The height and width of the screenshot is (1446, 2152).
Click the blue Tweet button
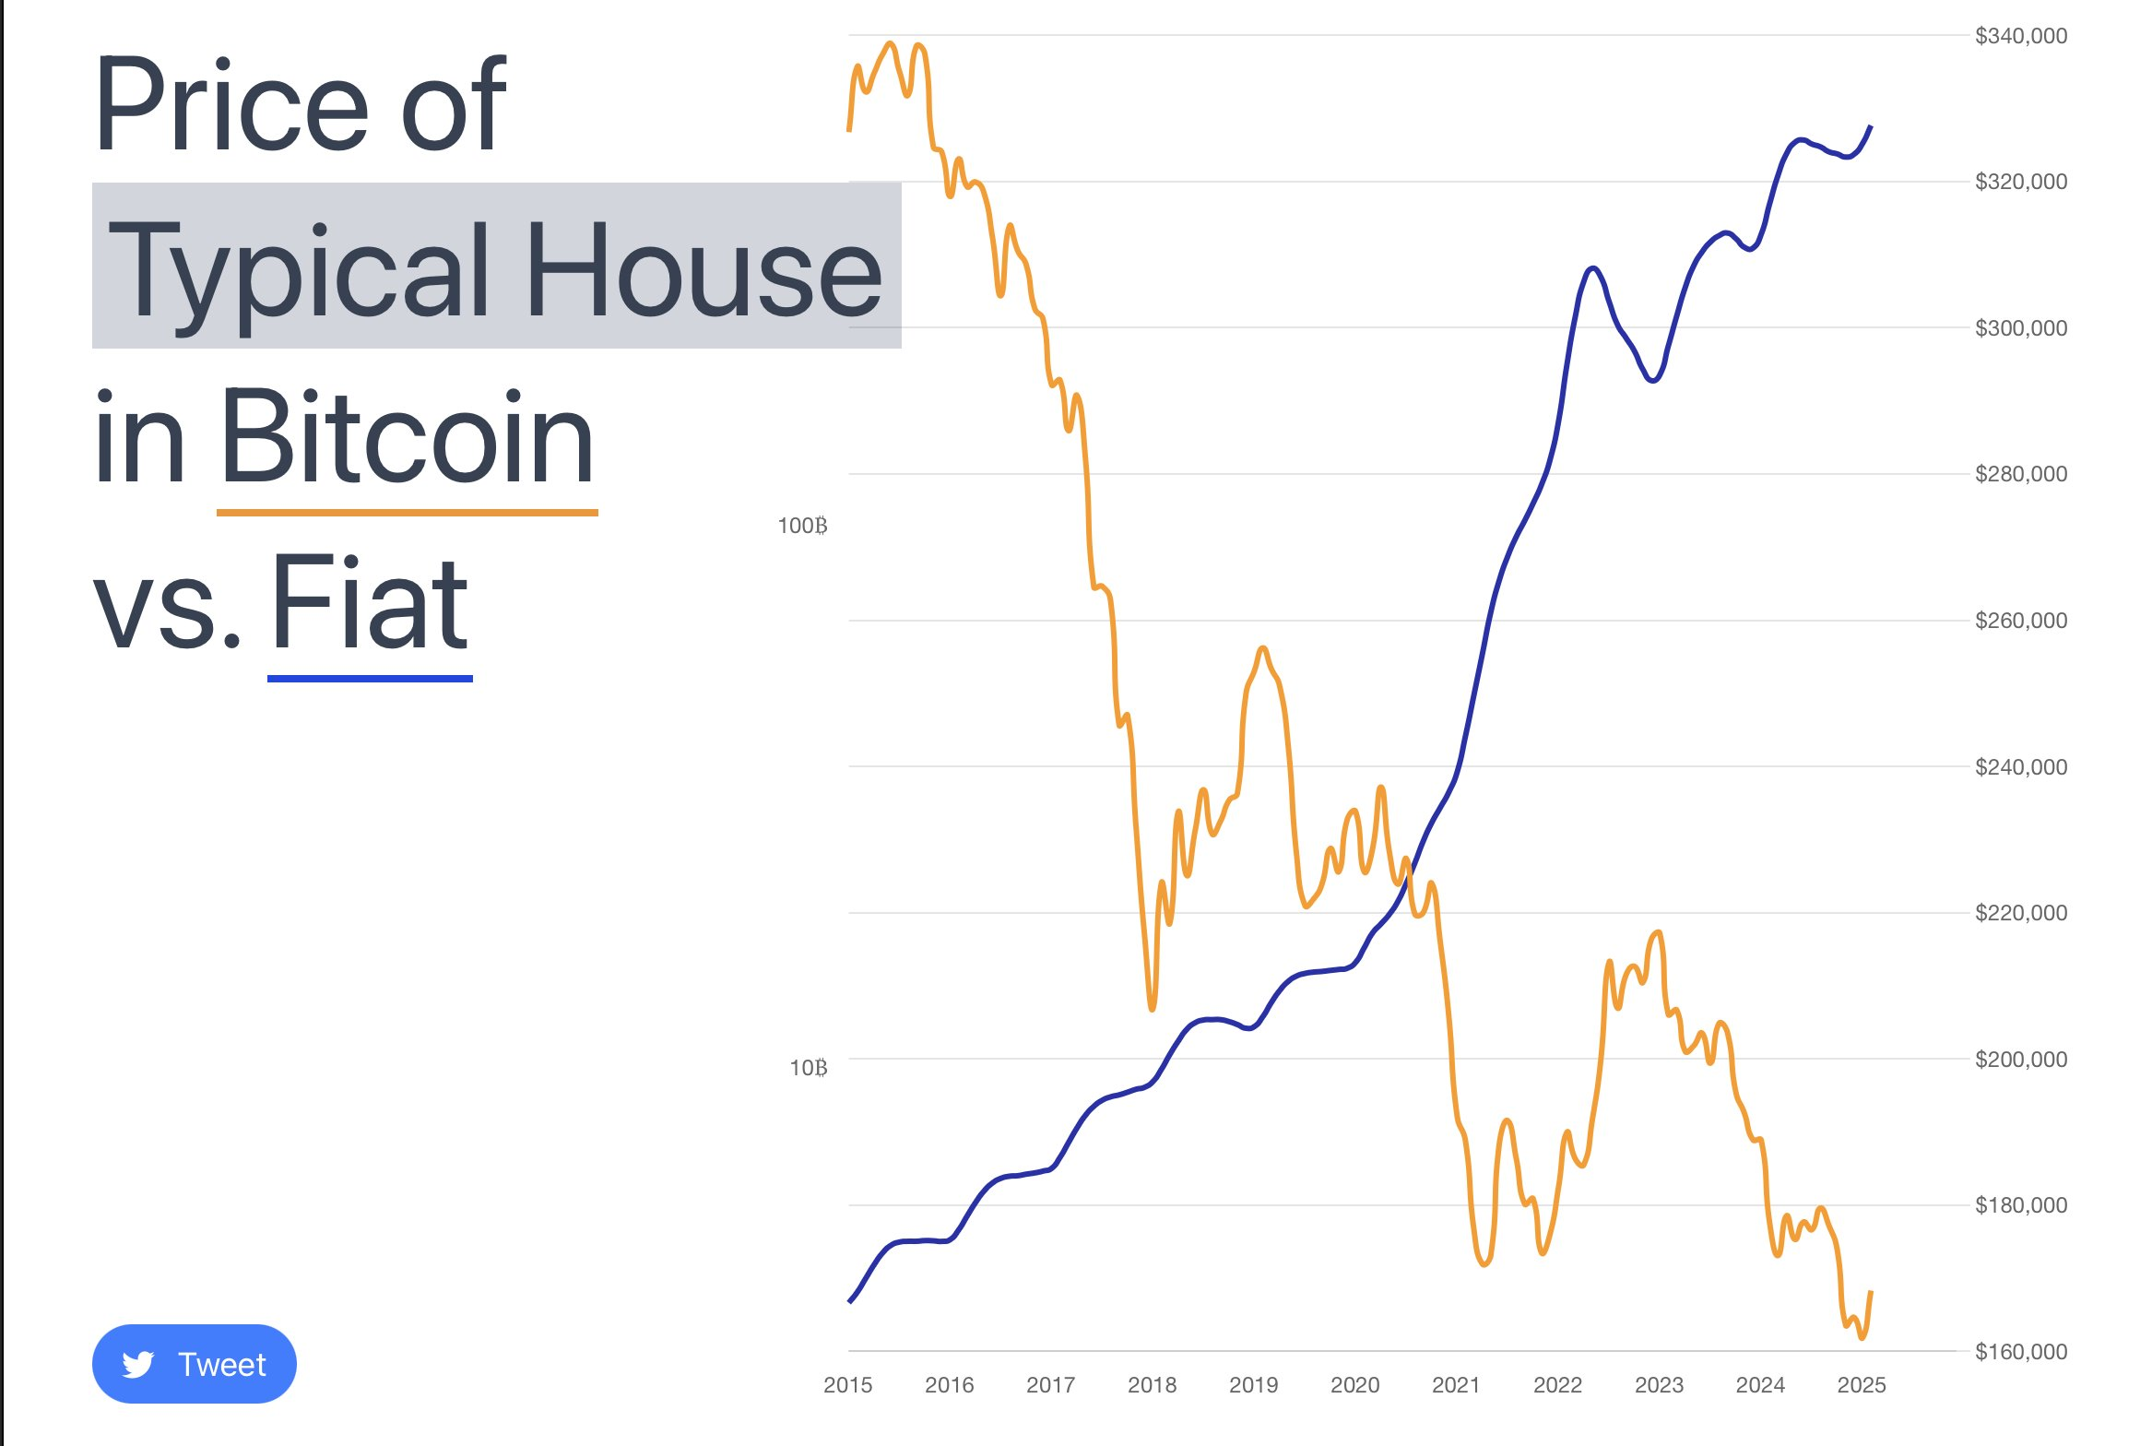pos(194,1363)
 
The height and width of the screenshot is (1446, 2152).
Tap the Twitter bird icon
pos(138,1364)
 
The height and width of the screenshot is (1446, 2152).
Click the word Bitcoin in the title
pos(407,435)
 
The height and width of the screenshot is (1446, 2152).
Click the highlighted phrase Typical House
pos(496,267)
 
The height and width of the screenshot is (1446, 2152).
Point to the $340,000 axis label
pos(2020,36)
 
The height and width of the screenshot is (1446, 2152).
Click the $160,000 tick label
pos(2020,1351)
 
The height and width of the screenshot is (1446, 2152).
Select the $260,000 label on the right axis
pos(2020,621)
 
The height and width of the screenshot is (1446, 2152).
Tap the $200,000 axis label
pos(2020,1059)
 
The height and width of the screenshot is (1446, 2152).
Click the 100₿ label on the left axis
pos(802,526)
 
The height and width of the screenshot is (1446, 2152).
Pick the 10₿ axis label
pos(808,1068)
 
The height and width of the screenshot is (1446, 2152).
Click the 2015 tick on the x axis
pos(847,1384)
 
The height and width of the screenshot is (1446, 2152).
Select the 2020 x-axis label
pos(1354,1384)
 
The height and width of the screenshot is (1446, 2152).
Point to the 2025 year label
pos(1861,1384)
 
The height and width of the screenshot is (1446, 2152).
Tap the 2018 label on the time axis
pos(1152,1384)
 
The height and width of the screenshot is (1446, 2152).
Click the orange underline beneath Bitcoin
pos(407,512)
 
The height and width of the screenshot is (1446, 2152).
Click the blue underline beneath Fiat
pos(370,679)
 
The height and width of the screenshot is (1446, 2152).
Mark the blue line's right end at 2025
pos(1870,127)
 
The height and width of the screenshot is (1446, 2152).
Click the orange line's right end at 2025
pos(1870,1293)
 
